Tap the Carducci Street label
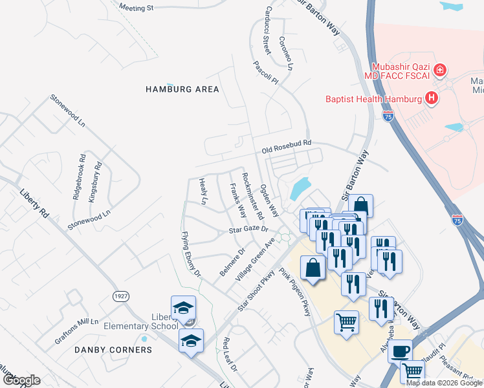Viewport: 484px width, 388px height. click(x=266, y=30)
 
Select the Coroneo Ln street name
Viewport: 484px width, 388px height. click(x=286, y=53)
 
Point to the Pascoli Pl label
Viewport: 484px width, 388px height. click(x=265, y=74)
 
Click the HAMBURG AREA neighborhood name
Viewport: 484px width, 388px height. click(x=182, y=89)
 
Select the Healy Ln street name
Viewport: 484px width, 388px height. click(x=203, y=192)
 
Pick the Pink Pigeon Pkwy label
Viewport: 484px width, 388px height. click(x=295, y=292)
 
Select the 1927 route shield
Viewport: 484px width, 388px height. click(x=121, y=296)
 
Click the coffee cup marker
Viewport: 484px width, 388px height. click(x=399, y=350)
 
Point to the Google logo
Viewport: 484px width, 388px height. click(x=21, y=380)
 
